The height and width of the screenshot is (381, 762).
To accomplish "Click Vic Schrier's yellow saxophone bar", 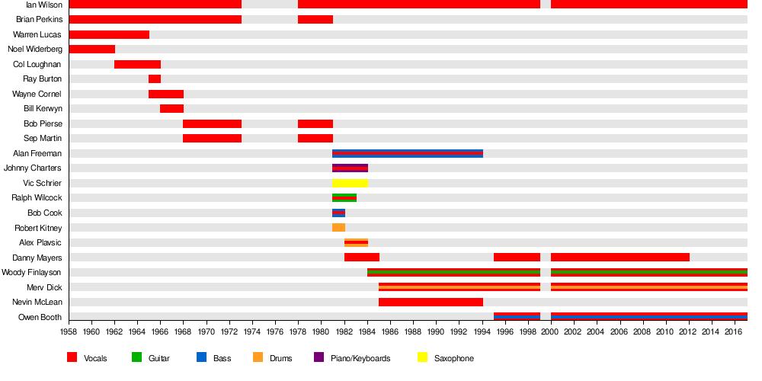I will click(x=350, y=183).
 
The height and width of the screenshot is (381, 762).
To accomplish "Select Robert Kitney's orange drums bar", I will click(x=338, y=228).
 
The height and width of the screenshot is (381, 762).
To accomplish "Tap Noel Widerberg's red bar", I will click(x=91, y=50).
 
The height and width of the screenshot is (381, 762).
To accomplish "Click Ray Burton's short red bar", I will click(x=155, y=79).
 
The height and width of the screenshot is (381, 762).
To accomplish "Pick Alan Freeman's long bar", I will click(x=408, y=153).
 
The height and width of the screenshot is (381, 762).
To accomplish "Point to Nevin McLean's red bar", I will click(x=431, y=303).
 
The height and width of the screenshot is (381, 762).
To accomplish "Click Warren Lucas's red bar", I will click(x=109, y=34).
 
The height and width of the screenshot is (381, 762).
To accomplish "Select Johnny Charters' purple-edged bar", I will click(x=350, y=168).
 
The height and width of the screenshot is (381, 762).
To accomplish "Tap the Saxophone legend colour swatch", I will click(x=424, y=357).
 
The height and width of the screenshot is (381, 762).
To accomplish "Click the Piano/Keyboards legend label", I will click(x=360, y=358).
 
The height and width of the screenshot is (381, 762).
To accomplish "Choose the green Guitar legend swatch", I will click(x=137, y=357).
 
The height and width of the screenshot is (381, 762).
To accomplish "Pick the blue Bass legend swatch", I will click(x=202, y=357).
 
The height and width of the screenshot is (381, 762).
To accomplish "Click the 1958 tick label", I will click(x=69, y=331).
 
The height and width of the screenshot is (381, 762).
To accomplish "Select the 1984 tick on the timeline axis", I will click(x=367, y=331).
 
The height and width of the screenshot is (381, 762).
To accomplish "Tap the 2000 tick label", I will click(x=550, y=331).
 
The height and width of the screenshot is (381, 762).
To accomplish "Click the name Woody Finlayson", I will click(x=31, y=273).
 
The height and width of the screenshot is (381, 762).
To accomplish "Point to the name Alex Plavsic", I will click(x=40, y=243).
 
